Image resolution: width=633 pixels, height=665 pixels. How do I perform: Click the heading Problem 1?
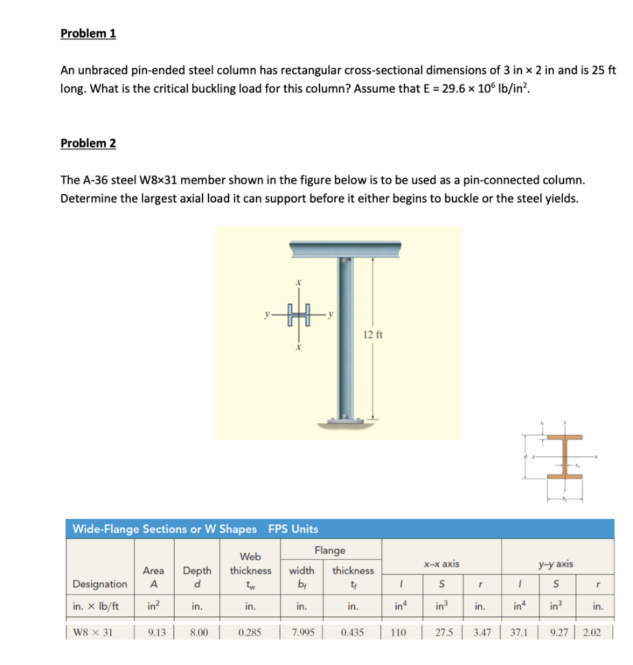[x=88, y=34]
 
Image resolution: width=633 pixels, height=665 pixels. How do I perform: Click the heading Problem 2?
[x=88, y=143]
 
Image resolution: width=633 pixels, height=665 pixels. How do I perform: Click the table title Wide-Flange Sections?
[x=164, y=529]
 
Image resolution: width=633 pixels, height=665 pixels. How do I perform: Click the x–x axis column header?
[x=441, y=564]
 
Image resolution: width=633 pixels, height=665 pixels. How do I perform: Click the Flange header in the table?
[x=330, y=550]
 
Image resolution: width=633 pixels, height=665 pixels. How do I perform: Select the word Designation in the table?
[x=100, y=584]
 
